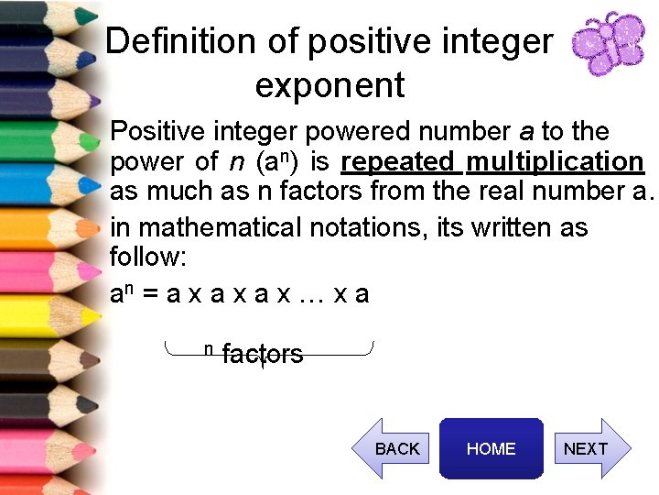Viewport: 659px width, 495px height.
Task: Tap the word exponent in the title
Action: pos(329,85)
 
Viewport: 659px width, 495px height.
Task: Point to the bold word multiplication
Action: pos(555,162)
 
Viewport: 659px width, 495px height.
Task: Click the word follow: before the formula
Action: pos(147,256)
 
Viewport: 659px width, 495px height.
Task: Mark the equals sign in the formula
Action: pos(153,294)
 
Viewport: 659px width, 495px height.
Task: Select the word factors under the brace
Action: pos(263,355)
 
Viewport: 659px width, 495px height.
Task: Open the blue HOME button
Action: pos(492,448)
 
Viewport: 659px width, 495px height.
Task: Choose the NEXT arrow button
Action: pos(589,448)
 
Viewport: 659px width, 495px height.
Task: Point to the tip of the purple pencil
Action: pos(96,98)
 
